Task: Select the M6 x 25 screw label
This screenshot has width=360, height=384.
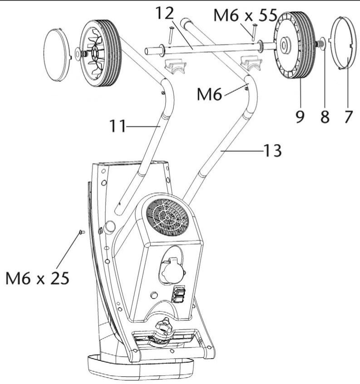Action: pyautogui.click(x=38, y=277)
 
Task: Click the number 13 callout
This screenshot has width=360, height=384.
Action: pyautogui.click(x=271, y=150)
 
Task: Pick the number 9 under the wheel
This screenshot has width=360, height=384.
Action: pyautogui.click(x=300, y=116)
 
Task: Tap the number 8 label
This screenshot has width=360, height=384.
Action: pyautogui.click(x=325, y=116)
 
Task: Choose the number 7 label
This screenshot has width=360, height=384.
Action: pyautogui.click(x=348, y=116)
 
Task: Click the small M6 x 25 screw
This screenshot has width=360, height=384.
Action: pyautogui.click(x=82, y=232)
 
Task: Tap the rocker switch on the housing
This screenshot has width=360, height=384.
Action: pyautogui.click(x=178, y=294)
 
